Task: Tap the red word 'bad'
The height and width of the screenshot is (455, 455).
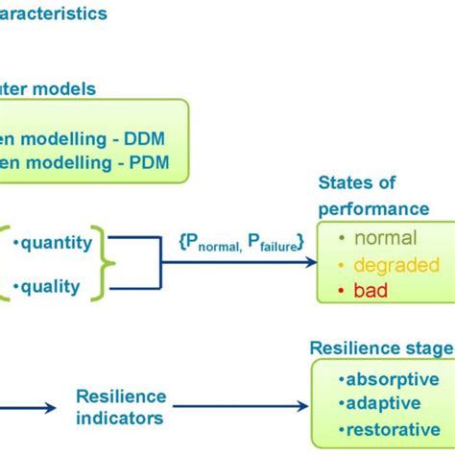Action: coord(371,289)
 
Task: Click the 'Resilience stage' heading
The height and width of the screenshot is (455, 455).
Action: coord(380,347)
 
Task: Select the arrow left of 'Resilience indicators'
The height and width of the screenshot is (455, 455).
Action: coord(34,407)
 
